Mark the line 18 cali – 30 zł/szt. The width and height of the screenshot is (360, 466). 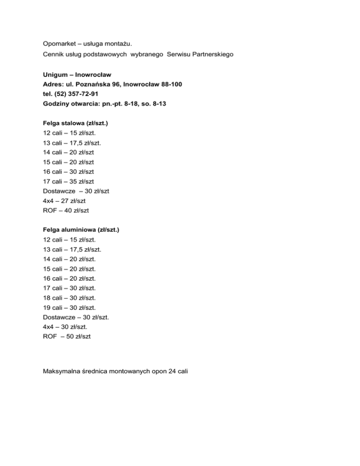click(x=72, y=298)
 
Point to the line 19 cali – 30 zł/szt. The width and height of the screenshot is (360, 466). click(x=72, y=308)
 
